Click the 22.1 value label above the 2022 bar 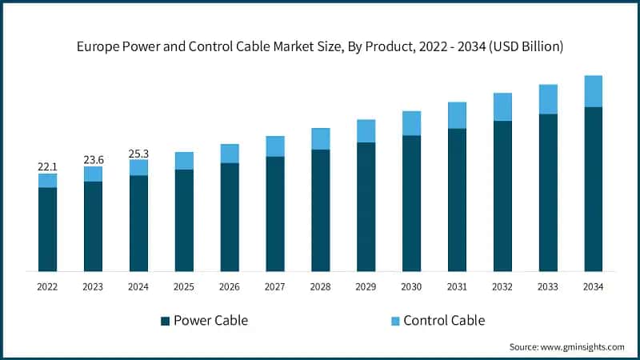(x=47, y=166)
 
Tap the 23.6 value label (x=93, y=160)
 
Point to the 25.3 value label (x=138, y=153)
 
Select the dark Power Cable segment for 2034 (x=593, y=189)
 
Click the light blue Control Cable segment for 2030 (x=411, y=123)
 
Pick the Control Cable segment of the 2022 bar (x=47, y=181)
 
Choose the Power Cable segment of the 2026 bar (x=230, y=217)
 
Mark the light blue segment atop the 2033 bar (x=547, y=99)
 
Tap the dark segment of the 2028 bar (x=320, y=210)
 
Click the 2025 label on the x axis (x=184, y=286)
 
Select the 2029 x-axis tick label (x=366, y=286)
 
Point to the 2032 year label (x=502, y=286)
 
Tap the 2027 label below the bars (x=275, y=286)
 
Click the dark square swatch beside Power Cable (x=165, y=321)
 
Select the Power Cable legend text (x=212, y=321)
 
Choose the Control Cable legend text (x=444, y=321)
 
